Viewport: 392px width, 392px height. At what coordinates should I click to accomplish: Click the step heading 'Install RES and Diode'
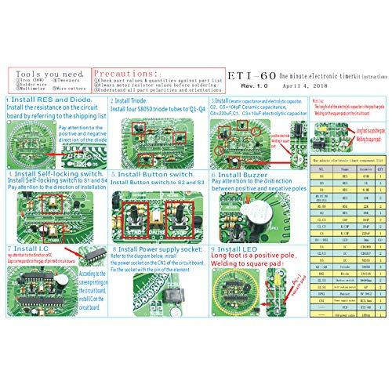(45, 100)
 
